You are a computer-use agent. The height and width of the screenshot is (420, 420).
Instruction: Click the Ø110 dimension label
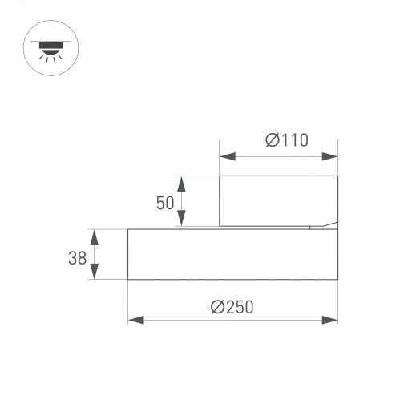(286, 141)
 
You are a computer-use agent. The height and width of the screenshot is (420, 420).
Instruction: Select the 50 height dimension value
(165, 203)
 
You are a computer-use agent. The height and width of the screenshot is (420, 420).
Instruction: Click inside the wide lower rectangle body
(232, 254)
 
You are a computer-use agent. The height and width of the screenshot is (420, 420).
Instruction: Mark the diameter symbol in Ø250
(217, 305)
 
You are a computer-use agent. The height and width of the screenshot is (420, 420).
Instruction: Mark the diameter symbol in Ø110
(272, 141)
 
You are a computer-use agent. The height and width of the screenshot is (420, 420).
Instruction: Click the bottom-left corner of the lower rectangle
(128, 279)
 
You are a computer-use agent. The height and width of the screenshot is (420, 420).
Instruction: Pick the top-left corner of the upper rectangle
(220, 176)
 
